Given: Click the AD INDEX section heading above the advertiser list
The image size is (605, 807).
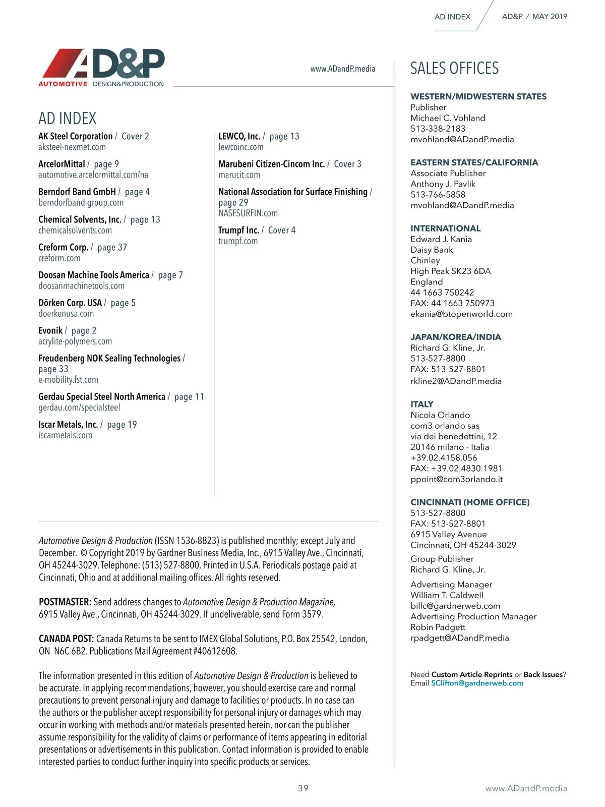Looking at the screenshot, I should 68,119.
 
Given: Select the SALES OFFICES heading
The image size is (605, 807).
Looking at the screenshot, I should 454,68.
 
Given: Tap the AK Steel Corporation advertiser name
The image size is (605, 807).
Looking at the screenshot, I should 76,136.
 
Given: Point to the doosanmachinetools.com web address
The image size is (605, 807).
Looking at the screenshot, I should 82,286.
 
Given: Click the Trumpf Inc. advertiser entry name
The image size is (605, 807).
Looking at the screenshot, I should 238,230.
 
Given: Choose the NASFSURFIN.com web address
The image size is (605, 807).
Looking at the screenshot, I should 248,213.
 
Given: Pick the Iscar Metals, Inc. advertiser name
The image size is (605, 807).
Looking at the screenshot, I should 68,425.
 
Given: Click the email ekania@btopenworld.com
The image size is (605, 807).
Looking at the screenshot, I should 461,314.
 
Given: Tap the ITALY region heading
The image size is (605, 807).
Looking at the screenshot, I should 422,404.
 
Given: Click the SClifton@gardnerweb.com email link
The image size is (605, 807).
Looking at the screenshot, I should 477,683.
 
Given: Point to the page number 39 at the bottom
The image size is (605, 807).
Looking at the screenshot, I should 303,788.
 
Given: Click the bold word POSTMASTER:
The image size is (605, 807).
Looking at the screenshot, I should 65,602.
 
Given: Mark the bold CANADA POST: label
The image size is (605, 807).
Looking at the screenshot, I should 67,639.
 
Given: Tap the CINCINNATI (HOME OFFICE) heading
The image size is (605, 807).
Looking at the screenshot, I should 470,502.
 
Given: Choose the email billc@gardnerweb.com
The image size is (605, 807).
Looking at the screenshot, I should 455,606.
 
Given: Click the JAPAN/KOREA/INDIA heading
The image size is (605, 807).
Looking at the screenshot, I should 456,337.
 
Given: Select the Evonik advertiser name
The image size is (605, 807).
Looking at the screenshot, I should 50,330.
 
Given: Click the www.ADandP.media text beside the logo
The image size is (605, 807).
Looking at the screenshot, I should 343,69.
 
